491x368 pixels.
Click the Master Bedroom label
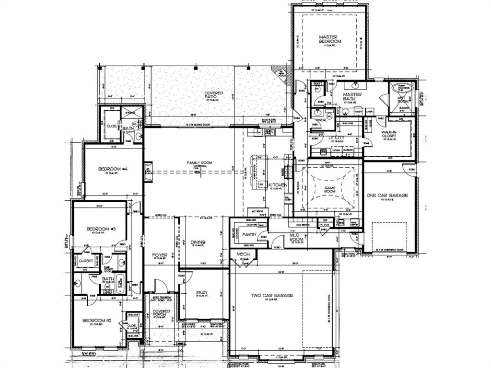330,39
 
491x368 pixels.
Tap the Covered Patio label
213,95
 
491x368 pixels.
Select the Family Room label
199,163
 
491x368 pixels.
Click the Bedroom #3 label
101,229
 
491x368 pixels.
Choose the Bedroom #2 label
96,321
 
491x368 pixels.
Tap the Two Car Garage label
272,295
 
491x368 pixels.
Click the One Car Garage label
387,195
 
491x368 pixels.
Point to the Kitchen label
278,184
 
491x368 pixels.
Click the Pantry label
250,235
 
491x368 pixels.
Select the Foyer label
159,255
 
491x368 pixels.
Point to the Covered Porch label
162,314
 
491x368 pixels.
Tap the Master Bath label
351,97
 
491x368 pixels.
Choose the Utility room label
337,138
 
